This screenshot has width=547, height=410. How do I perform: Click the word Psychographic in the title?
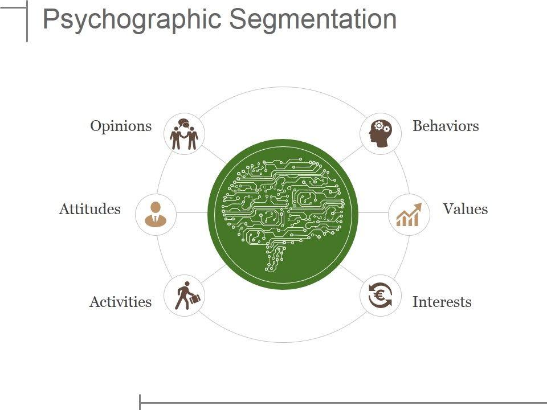click(x=133, y=20)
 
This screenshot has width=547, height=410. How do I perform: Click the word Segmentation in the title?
click(x=313, y=20)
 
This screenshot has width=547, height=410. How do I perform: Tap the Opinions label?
click(x=121, y=126)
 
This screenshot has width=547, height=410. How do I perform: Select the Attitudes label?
click(x=89, y=209)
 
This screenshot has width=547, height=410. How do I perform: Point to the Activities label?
click(x=120, y=302)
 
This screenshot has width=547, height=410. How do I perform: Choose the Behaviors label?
click(x=446, y=126)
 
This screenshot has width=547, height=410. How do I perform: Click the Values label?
click(x=465, y=209)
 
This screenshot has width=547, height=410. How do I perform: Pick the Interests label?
click(x=442, y=302)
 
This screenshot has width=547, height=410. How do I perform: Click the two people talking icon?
click(x=184, y=135)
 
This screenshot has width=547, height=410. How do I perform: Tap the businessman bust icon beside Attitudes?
click(x=156, y=215)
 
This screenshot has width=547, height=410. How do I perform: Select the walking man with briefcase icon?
click(x=185, y=296)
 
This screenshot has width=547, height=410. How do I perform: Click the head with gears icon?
click(x=379, y=134)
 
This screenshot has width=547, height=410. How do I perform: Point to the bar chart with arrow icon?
click(x=409, y=215)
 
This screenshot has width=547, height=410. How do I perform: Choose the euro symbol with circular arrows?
click(x=380, y=296)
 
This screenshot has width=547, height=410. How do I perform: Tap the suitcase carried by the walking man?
click(x=194, y=298)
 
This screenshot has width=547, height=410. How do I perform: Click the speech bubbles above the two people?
click(x=183, y=123)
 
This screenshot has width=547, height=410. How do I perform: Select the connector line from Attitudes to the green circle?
click(x=192, y=213)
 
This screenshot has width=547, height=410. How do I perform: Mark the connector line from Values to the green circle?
click(x=373, y=213)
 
